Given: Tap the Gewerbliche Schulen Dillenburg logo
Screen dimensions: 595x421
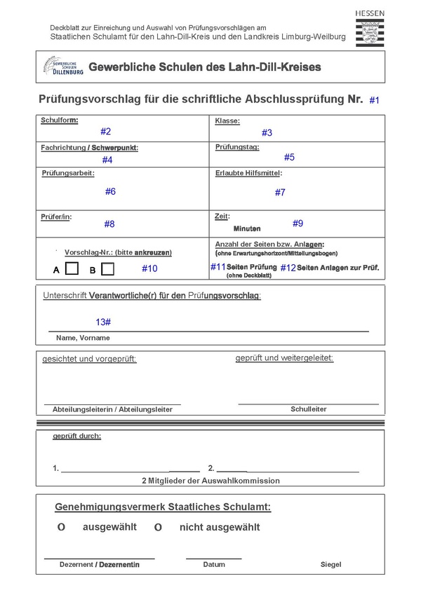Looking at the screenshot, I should click(64, 67).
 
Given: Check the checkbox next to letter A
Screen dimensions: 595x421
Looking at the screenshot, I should click(72, 268).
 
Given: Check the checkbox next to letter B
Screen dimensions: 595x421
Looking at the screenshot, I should click(107, 268).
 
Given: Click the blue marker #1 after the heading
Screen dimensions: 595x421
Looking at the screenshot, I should click(374, 101).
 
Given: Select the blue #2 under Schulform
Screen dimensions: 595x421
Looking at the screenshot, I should click(105, 131).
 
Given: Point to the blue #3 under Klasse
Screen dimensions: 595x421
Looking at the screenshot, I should click(267, 132).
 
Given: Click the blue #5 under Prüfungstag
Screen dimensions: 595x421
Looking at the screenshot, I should click(289, 157).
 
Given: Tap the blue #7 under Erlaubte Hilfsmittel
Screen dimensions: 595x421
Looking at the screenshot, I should click(280, 192).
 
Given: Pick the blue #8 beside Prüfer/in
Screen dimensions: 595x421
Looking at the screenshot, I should click(109, 224).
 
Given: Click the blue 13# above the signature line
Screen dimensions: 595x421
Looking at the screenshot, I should click(103, 321).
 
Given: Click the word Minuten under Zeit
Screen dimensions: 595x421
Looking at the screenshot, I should click(247, 228).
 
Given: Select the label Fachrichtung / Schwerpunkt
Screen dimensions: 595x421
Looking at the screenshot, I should click(90, 148).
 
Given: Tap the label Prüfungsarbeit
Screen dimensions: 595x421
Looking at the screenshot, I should click(68, 172).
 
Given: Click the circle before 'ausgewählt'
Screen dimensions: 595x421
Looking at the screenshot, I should click(61, 527).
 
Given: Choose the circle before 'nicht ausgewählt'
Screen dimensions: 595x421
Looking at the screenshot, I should click(158, 527).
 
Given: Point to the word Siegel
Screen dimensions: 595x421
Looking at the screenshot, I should click(331, 564).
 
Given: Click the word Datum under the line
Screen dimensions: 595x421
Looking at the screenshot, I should click(214, 564).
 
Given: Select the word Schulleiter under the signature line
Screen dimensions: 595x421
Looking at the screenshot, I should click(308, 409).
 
